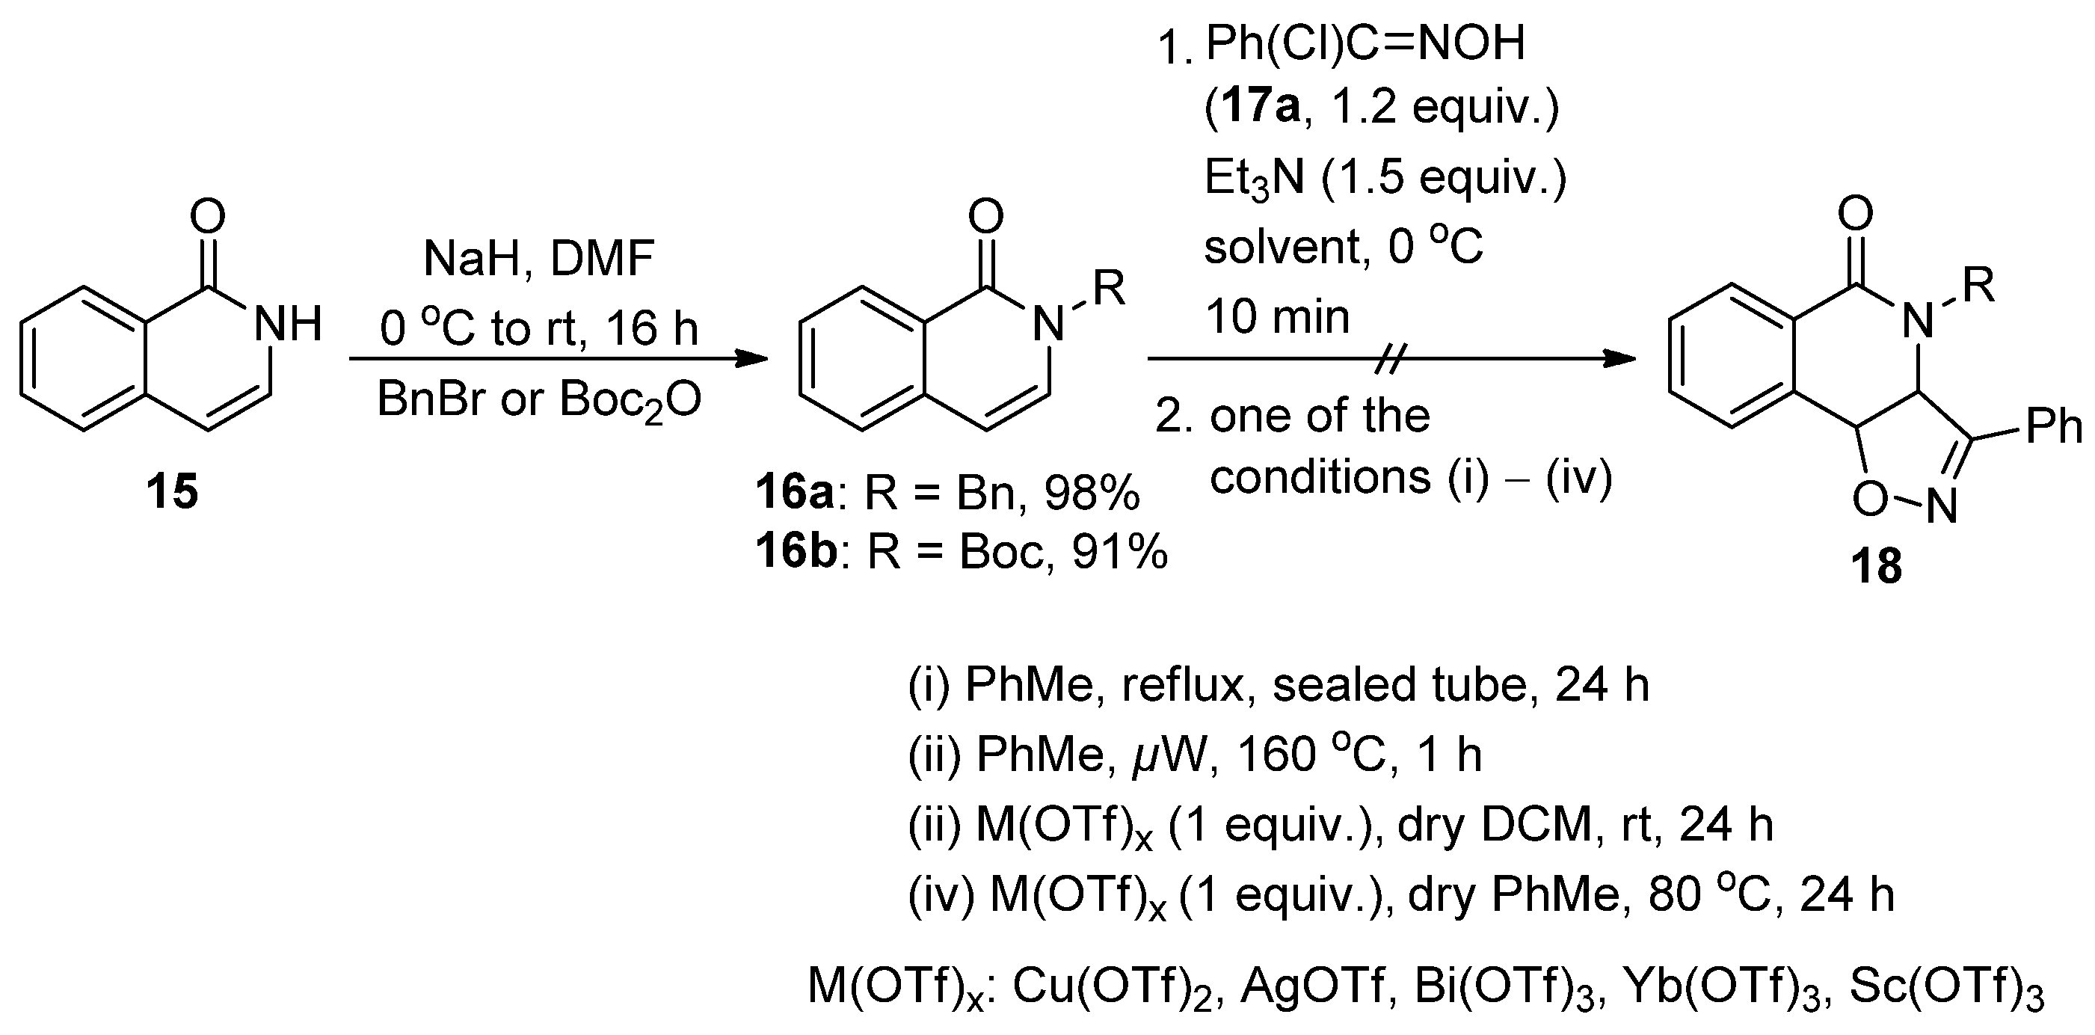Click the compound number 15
[172, 492]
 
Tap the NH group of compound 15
[288, 324]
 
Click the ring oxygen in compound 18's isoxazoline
[1870, 499]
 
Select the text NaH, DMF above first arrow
[538, 259]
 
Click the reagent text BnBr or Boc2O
[538, 400]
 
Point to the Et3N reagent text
[1253, 177]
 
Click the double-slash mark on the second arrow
[1390, 358]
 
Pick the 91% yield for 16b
[1119, 552]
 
